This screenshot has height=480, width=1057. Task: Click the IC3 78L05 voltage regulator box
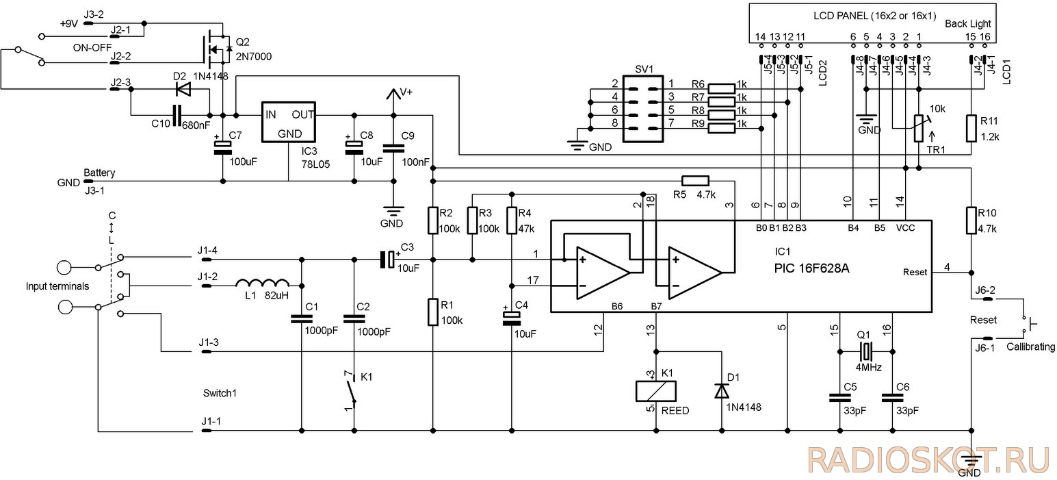pyautogui.click(x=289, y=122)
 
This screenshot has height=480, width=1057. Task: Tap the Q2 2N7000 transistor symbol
pyautogui.click(x=217, y=49)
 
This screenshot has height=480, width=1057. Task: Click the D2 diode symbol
pyautogui.click(x=183, y=89)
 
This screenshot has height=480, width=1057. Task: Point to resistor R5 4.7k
pyautogui.click(x=695, y=181)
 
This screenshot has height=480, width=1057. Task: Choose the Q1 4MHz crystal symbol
pyautogui.click(x=865, y=351)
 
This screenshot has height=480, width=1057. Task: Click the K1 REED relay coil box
pyautogui.click(x=656, y=391)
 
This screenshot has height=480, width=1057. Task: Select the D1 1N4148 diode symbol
pyautogui.click(x=722, y=391)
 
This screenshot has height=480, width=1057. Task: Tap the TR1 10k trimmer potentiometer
pyautogui.click(x=918, y=128)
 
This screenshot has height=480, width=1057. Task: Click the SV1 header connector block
pyautogui.click(x=642, y=109)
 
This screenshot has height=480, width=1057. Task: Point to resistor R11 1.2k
pyautogui.click(x=971, y=128)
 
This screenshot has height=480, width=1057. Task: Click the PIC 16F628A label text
pyautogui.click(x=811, y=268)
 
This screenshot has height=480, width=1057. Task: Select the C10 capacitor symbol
pyautogui.click(x=177, y=115)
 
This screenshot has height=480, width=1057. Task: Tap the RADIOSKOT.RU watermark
pyautogui.click(x=928, y=460)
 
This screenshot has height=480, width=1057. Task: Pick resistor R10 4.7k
pyautogui.click(x=971, y=220)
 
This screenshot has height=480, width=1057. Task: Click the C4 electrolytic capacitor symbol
pyautogui.click(x=512, y=318)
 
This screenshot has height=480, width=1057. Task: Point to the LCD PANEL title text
pyautogui.click(x=874, y=16)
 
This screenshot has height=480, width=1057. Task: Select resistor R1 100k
pyautogui.click(x=432, y=312)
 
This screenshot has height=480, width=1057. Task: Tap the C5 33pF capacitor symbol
pyautogui.click(x=840, y=398)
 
